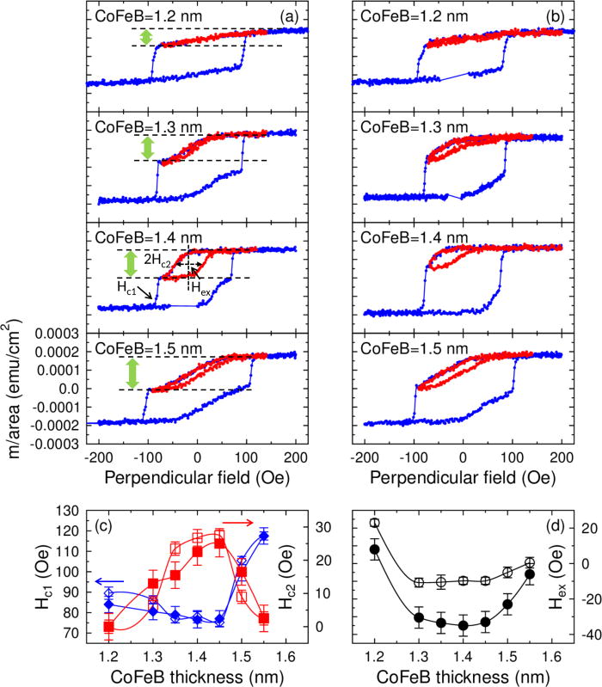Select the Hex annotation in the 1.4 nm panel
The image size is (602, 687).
[x=201, y=290]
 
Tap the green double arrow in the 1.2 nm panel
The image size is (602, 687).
[x=146, y=38]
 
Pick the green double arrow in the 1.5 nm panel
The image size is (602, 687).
[x=131, y=372]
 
